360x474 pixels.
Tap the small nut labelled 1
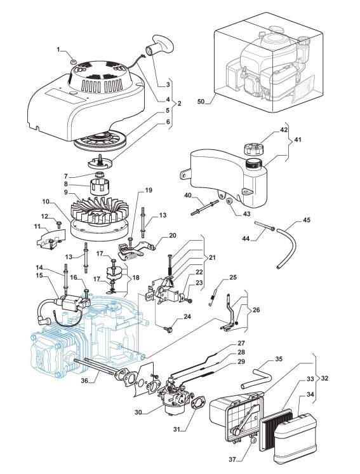pos(72,62)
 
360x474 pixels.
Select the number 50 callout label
pos(201,102)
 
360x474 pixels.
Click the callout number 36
pos(84,381)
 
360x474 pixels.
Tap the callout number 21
pos(212,257)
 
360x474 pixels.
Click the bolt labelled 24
pos(168,328)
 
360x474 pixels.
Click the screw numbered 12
pos(58,225)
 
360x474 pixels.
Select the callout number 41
pos(298,140)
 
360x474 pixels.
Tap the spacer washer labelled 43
pos(229,201)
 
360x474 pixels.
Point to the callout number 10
pos(45,201)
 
